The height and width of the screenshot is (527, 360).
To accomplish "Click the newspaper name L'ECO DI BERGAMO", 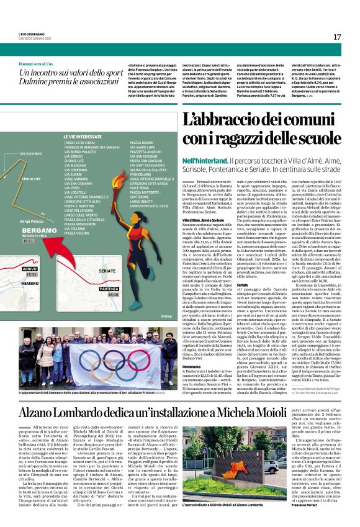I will tap(32, 34).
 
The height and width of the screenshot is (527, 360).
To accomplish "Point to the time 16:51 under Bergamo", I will tap(29, 241).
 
